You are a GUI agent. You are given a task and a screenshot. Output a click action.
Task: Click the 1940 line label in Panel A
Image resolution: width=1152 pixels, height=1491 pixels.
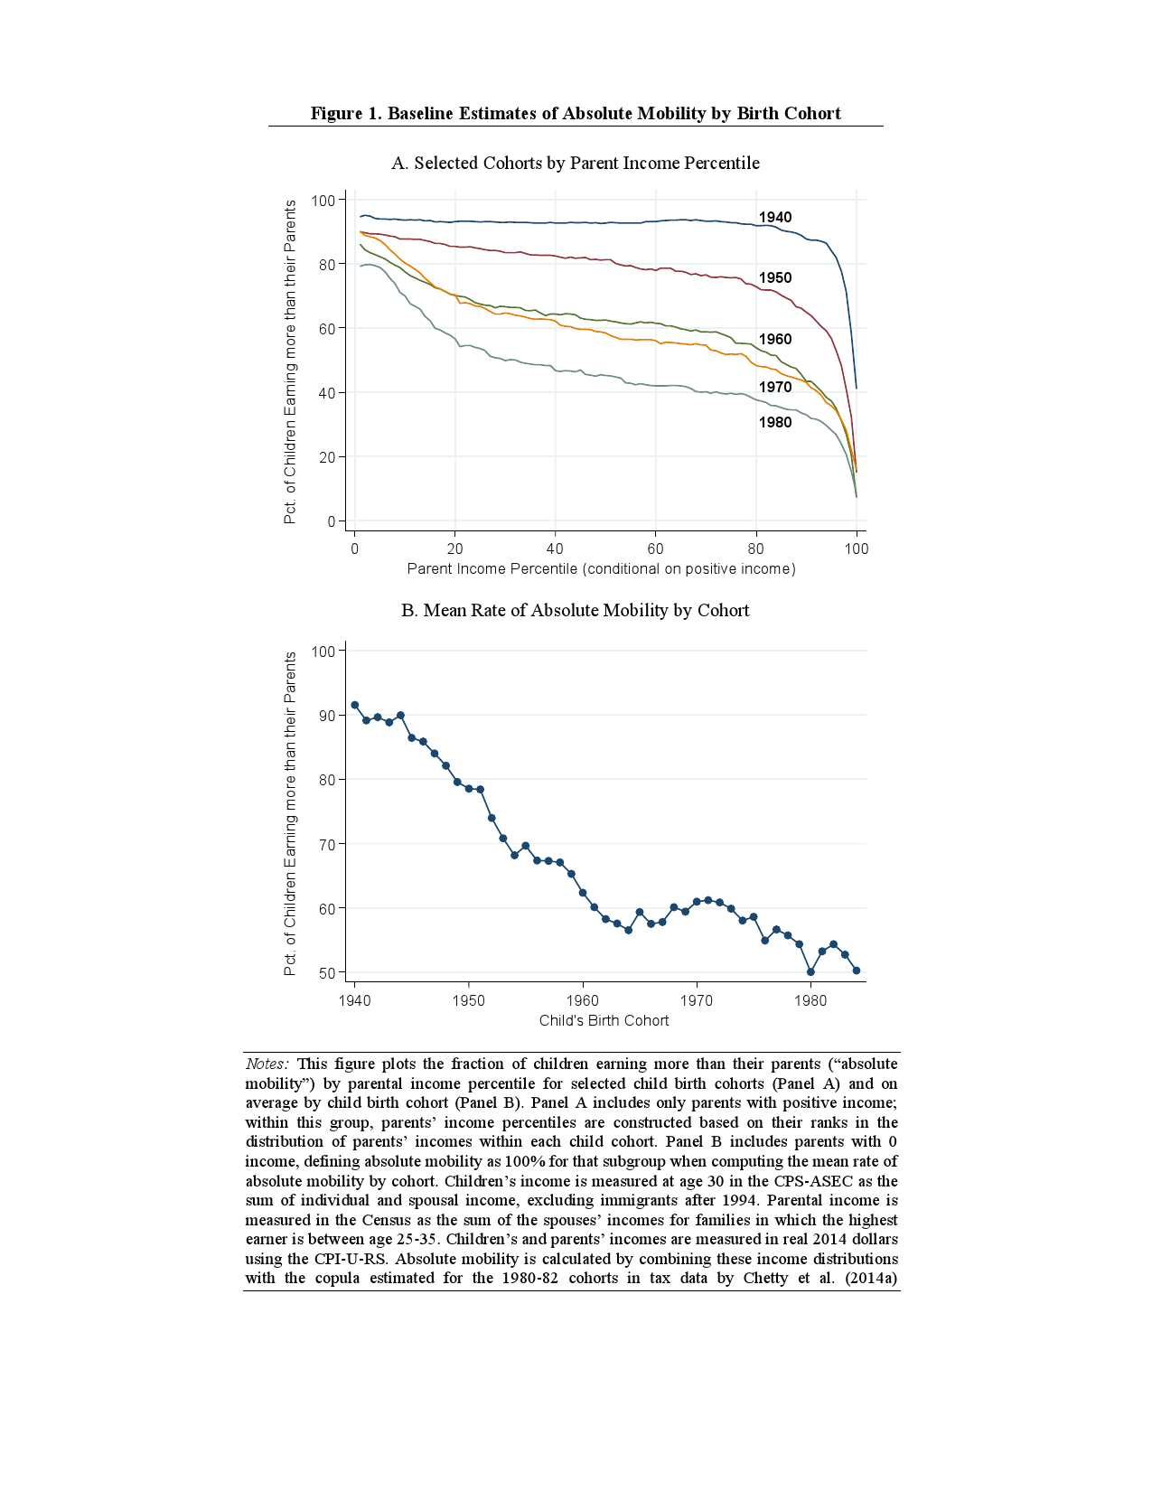click(774, 217)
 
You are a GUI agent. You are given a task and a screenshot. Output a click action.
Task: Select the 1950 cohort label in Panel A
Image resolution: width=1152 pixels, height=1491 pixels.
click(774, 277)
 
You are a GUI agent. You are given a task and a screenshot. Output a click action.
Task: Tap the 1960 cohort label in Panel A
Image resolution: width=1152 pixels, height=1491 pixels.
click(774, 339)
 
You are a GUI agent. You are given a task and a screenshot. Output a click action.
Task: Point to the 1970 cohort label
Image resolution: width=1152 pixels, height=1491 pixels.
click(774, 387)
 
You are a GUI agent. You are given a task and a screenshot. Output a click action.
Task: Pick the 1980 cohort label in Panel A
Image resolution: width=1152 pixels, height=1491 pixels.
click(774, 422)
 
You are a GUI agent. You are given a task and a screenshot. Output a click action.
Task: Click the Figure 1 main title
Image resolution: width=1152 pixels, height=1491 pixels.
click(576, 113)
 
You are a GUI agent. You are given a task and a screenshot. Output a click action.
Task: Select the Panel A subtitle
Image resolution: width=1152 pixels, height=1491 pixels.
click(576, 163)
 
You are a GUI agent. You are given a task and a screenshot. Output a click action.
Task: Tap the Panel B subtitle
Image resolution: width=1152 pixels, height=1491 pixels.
click(576, 610)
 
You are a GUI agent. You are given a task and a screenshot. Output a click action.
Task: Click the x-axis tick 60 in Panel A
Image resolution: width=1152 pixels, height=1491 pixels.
click(655, 549)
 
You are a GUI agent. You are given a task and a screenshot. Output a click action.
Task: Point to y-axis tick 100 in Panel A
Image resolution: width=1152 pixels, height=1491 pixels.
click(323, 200)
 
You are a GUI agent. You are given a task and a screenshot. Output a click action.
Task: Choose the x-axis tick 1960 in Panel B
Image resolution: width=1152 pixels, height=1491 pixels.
click(583, 1000)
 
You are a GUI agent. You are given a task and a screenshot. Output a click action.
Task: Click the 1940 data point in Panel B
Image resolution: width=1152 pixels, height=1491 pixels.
click(354, 705)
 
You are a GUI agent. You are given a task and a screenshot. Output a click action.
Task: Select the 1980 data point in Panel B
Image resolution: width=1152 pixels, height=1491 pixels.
click(810, 972)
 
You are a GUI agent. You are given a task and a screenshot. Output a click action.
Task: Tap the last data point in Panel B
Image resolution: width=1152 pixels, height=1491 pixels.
click(857, 971)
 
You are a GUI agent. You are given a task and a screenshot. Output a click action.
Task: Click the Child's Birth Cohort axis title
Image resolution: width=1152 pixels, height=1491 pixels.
click(604, 1020)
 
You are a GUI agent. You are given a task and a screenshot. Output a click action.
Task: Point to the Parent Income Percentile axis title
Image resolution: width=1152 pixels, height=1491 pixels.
click(601, 568)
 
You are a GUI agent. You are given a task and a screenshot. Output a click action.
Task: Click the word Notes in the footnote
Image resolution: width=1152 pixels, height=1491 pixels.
click(267, 1064)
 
